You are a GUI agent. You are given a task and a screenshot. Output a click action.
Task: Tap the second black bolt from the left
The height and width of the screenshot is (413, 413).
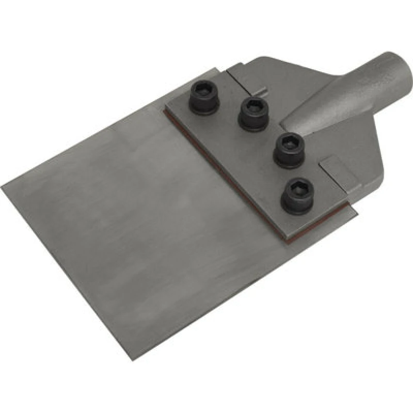click(x=252, y=112)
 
